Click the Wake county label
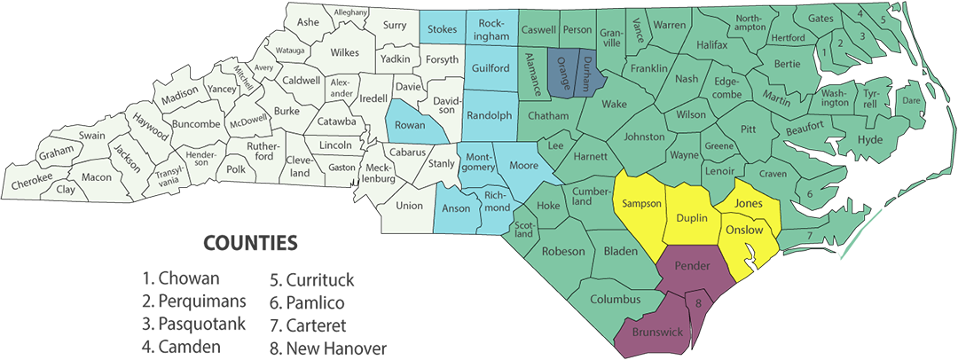(x=614, y=105)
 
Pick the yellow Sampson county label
(x=642, y=204)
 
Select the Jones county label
(x=749, y=204)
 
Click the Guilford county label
(x=490, y=68)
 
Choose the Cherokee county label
(x=32, y=184)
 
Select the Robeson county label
(x=563, y=251)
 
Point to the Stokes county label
(x=442, y=29)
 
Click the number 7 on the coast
(x=809, y=234)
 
